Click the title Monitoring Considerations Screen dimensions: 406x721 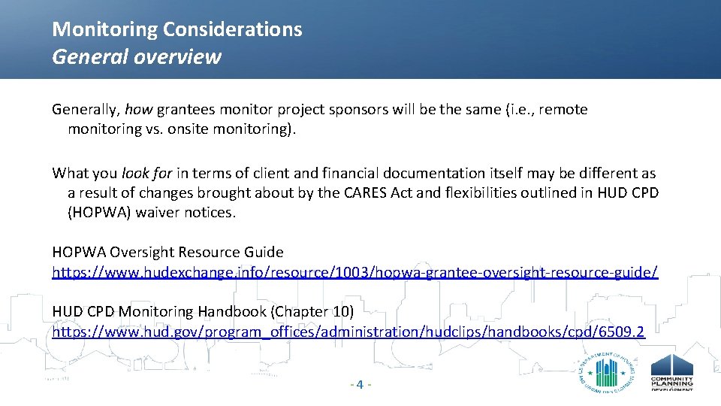[x=177, y=30]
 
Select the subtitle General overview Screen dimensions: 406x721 [x=137, y=57]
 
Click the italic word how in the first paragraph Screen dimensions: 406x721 [x=138, y=110]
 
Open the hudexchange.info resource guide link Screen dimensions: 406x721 [x=354, y=272]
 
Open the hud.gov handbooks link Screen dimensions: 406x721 [x=348, y=331]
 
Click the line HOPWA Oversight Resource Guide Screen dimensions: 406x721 [x=167, y=253]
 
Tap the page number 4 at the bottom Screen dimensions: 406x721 [x=360, y=385]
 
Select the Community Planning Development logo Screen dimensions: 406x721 [x=671, y=373]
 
